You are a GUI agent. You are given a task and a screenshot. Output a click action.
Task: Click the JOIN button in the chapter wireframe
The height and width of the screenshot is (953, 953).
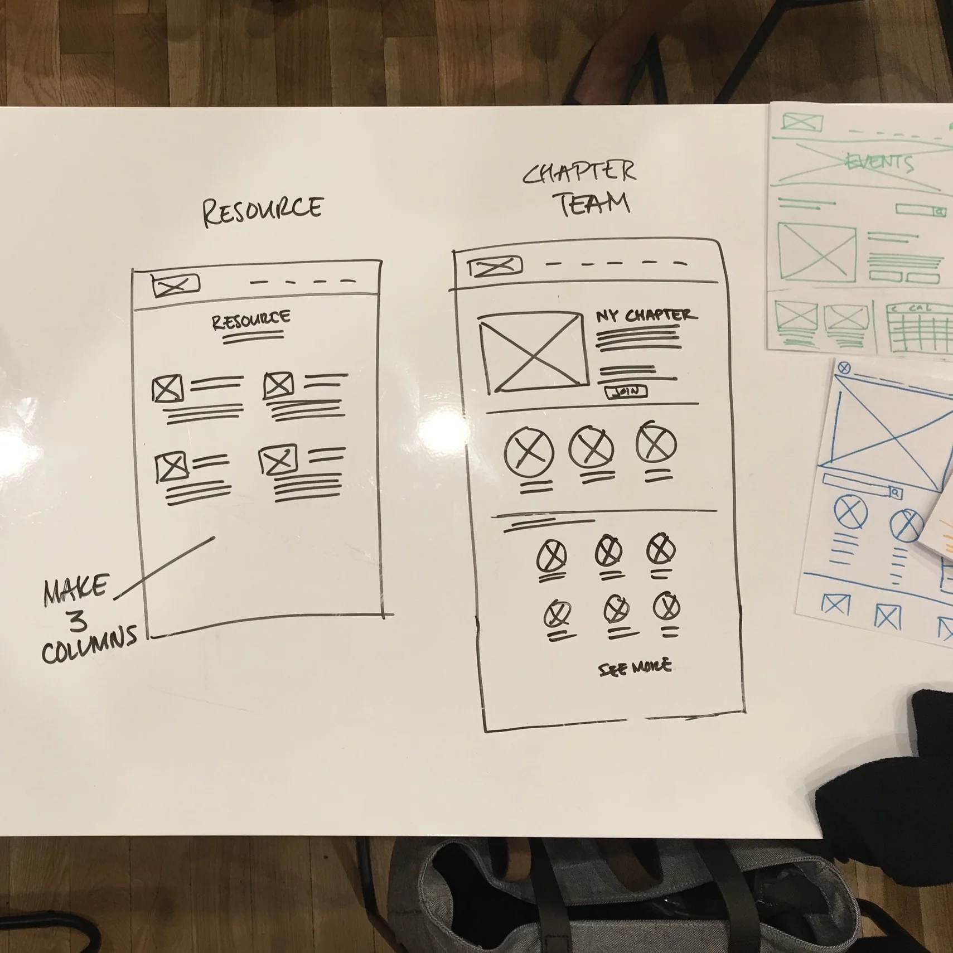click(626, 392)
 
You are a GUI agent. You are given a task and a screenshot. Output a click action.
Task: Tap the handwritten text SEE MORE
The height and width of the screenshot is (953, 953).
click(635, 667)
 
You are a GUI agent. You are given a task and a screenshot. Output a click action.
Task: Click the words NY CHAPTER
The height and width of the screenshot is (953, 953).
click(646, 316)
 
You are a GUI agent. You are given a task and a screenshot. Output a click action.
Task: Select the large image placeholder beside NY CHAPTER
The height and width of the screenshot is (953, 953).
click(533, 353)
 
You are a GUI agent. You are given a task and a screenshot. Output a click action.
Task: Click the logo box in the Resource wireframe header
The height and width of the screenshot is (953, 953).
click(175, 286)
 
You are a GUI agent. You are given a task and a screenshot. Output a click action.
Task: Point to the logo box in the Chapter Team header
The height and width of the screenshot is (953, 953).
click(495, 267)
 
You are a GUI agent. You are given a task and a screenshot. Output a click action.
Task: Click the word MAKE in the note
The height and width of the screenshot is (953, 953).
click(75, 590)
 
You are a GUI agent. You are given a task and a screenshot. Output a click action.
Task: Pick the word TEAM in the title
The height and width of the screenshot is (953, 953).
click(594, 204)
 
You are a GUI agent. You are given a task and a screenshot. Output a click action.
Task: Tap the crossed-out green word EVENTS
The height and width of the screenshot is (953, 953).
click(880, 162)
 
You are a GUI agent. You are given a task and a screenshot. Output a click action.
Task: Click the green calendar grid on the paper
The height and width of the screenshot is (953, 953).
click(919, 328)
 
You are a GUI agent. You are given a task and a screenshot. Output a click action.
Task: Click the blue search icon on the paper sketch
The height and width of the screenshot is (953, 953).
click(895, 493)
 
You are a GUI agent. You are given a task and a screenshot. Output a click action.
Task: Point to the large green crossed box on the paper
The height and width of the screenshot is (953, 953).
click(816, 253)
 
